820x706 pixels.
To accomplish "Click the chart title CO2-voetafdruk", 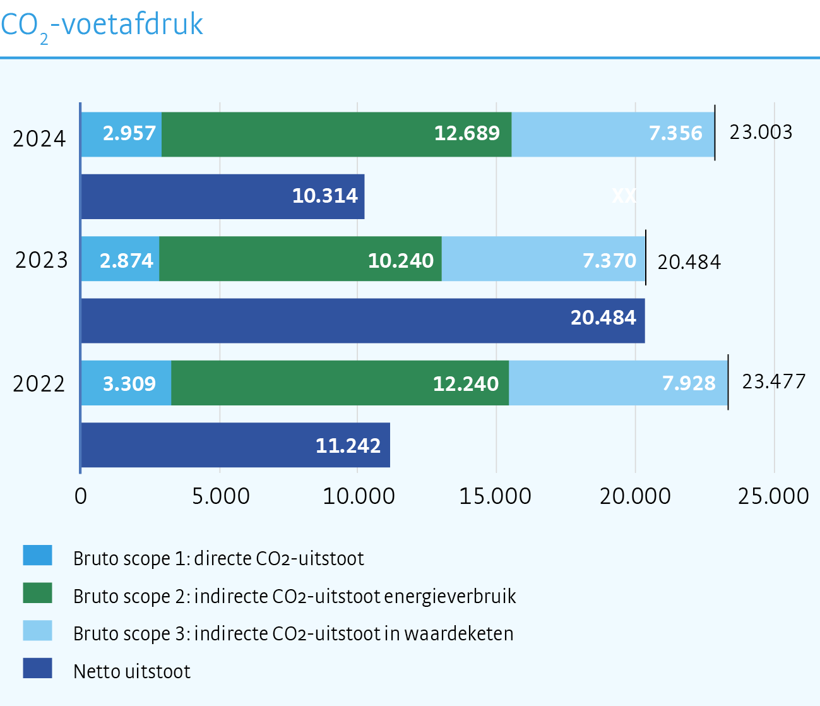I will pos(102,25).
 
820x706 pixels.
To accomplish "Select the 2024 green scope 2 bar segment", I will pos(336,134).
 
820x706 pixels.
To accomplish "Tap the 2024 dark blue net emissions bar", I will pos(222,196).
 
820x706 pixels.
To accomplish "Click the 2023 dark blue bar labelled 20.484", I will pos(363,321).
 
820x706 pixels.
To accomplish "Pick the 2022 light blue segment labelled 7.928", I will pos(618,383).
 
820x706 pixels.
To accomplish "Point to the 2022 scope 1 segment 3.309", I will pos(126,383).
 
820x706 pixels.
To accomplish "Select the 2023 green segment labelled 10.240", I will pos(300,259).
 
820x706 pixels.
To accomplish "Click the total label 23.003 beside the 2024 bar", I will pos(761,132).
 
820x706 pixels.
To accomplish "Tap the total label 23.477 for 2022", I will pos(773,381).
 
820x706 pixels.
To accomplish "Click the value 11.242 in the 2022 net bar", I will pos(348,446).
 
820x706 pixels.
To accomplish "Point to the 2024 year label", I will pos(39,138).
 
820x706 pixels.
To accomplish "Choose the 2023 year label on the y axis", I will pos(41,260).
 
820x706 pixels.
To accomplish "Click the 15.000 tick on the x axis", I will pos(496,496).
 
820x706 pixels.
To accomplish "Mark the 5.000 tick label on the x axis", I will pos(220,496).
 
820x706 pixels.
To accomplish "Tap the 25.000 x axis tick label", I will pos(773,496).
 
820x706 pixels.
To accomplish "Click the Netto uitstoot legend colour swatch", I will pos(37,668).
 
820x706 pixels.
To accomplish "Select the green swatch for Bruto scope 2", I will pos(37,593).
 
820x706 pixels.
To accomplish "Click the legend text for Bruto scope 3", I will pos(293,633).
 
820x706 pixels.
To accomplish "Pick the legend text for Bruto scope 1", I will pos(218,559).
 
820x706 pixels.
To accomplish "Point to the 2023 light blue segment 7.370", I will pos(543,259).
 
